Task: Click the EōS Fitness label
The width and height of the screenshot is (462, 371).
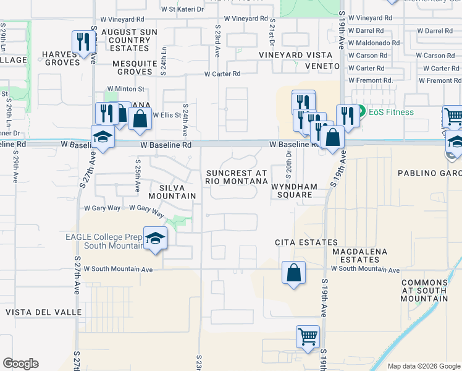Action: pos(391,112)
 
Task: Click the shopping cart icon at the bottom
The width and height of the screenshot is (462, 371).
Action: pos(308,338)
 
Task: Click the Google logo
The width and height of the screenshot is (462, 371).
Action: pos(20,364)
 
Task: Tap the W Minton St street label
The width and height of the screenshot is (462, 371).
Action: pos(125,89)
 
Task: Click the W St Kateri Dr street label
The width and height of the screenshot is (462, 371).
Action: pos(182,9)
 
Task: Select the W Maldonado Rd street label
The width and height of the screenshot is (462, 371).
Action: pos(374,43)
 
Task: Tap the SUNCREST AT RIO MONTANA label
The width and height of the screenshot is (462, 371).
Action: pos(237,177)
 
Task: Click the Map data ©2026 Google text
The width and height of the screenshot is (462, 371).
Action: pos(423,366)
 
